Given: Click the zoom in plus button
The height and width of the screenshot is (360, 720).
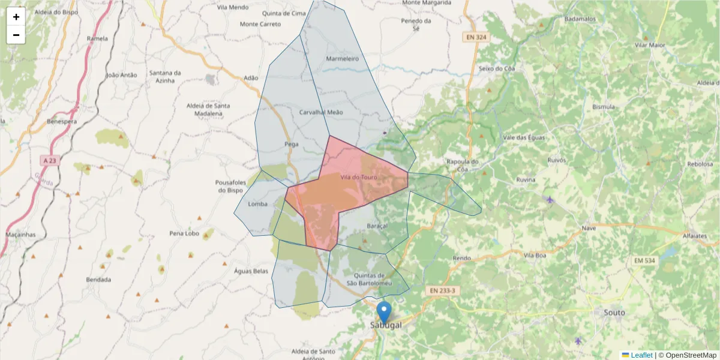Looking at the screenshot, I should tap(16, 17).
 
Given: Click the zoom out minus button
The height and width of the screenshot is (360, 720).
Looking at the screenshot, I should tap(16, 35).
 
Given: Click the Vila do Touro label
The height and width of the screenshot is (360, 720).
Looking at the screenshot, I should tap(358, 178).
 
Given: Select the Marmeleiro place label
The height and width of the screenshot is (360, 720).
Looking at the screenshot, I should tap(342, 59).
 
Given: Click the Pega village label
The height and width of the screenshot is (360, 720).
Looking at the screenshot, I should tap(291, 144).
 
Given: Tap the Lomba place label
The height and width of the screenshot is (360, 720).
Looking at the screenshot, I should tap(257, 204).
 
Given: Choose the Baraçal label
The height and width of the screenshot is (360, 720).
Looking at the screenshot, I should tap(377, 226).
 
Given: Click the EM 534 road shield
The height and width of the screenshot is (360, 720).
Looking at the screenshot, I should tap(645, 260).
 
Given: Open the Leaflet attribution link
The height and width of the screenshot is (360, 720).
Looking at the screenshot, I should tap(641, 355).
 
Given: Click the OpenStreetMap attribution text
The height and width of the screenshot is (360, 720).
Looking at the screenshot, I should tap(691, 355).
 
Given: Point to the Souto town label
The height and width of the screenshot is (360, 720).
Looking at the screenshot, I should tap(615, 313).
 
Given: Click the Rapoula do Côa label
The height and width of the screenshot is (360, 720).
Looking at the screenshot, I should tap(462, 166).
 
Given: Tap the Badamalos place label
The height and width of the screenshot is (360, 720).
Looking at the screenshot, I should tap(580, 19).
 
